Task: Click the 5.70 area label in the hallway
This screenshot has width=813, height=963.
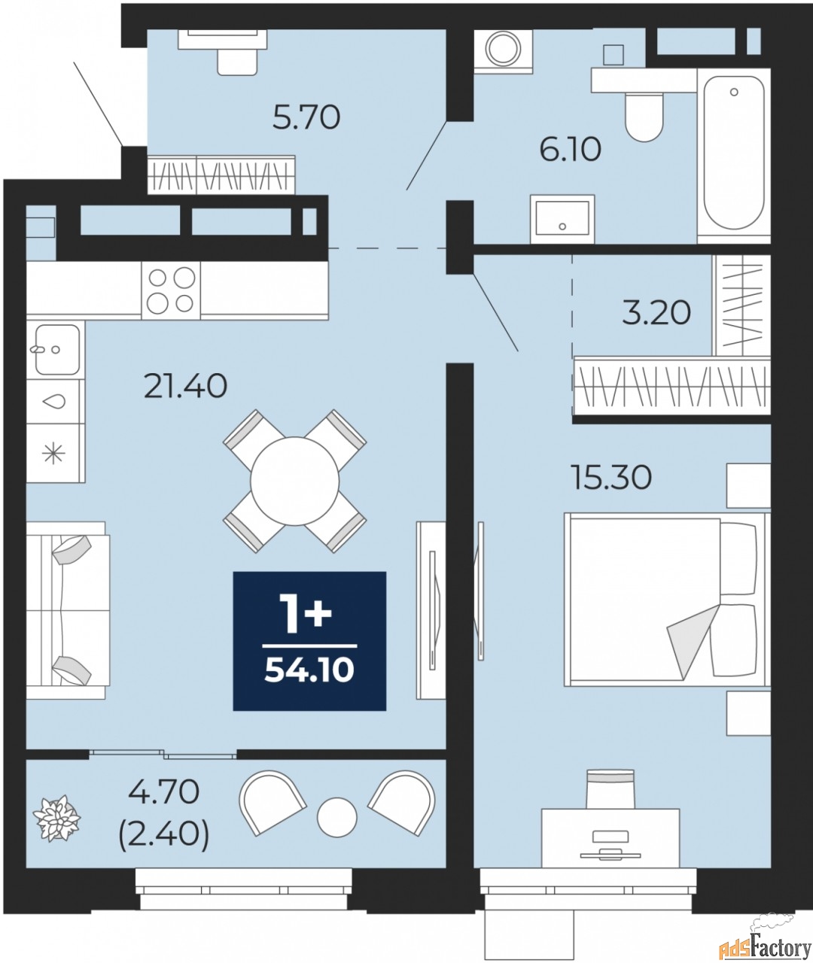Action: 306,117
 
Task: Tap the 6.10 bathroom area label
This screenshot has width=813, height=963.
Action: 570,150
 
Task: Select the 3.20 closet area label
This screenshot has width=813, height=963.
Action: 656,312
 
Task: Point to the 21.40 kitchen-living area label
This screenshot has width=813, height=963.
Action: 185,387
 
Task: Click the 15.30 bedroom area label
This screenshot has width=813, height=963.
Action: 611,477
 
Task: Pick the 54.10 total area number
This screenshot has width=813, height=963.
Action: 309,670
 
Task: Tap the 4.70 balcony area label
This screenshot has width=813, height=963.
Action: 163,791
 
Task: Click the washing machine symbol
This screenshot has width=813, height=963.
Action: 503,50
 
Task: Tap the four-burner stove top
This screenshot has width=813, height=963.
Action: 171,290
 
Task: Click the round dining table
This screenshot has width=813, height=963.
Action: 294,481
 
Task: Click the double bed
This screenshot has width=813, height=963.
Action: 665,600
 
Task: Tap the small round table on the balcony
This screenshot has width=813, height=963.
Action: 336,816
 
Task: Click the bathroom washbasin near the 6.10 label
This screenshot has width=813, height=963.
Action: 562,219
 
